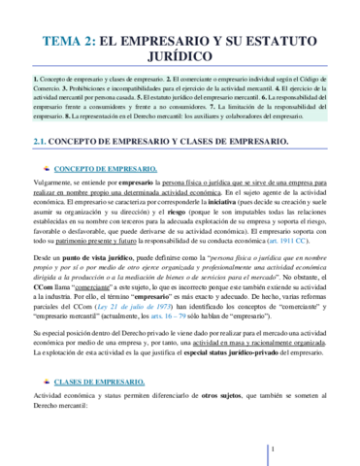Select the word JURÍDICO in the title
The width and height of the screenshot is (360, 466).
180,61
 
